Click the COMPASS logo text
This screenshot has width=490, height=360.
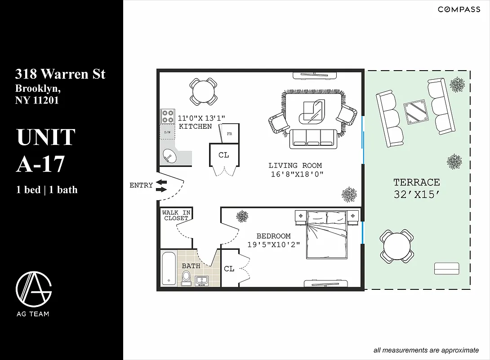coord(459,9)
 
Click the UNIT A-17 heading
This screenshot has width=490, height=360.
coord(46,150)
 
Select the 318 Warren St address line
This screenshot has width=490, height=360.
coord(60,74)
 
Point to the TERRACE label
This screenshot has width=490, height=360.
coord(416,182)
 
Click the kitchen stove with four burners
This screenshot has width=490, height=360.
coord(168,117)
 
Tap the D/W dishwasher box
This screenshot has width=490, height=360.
coord(167,132)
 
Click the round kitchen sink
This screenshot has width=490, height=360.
coord(170,157)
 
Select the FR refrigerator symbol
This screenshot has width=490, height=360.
coord(229,134)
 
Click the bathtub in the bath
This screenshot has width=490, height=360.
coord(169,268)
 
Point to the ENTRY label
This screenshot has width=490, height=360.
coord(141,185)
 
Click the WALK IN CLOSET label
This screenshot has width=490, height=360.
coord(176,216)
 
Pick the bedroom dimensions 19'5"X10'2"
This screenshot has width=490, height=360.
coord(273,245)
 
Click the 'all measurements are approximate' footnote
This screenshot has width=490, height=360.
coord(426,350)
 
